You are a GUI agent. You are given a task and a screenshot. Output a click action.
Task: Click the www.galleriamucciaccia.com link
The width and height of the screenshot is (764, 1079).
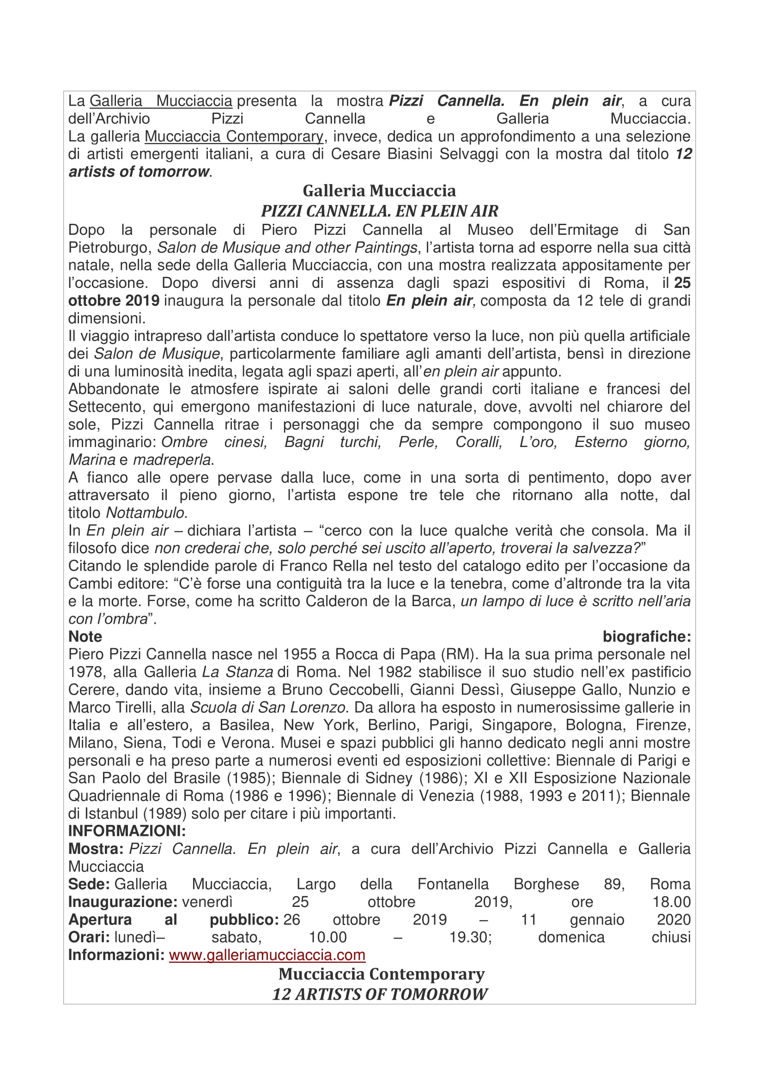pos(267,955)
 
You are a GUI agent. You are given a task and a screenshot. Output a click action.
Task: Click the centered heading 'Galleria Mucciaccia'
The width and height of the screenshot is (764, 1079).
pos(379,191)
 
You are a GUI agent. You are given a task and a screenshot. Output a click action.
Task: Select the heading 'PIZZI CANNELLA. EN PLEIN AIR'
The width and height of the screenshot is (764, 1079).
pos(379,211)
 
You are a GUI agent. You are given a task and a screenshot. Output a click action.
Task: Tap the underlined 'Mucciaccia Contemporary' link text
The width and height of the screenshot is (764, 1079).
pos(234,136)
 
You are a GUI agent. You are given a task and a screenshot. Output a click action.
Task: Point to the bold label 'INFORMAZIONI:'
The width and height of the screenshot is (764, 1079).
pos(127,831)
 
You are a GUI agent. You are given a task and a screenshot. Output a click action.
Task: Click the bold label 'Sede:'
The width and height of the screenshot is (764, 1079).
pos(89,884)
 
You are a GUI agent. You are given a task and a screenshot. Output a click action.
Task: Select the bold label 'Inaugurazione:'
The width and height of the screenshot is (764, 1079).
pos(123,902)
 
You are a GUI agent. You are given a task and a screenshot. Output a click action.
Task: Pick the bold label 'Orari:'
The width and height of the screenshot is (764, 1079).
pos(89,937)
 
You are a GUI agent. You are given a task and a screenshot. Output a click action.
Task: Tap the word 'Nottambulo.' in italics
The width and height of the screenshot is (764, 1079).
pos(147,513)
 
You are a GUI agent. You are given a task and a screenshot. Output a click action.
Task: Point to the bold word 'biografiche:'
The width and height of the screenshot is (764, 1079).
pos(646,636)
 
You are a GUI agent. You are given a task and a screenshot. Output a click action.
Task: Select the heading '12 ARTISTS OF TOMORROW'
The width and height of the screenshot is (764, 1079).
pos(379,994)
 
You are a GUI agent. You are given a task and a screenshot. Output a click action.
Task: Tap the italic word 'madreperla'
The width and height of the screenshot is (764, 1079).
pos(172,459)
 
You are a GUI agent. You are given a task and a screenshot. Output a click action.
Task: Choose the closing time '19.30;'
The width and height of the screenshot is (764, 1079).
pos(470,937)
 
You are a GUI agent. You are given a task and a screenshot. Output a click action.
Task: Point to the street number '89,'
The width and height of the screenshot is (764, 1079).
pos(614,884)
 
